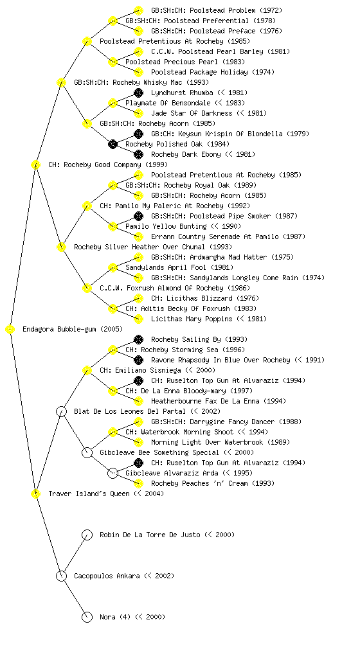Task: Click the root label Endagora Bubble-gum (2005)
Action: tap(73, 329)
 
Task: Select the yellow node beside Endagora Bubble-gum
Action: tap(10, 330)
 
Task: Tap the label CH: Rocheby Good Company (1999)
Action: tap(108, 164)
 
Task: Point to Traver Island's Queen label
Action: tap(106, 493)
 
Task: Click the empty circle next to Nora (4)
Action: tap(87, 617)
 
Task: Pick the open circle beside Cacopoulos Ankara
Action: tap(61, 576)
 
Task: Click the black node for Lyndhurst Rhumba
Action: tap(138, 93)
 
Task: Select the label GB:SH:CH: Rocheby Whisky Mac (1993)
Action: tap(141, 82)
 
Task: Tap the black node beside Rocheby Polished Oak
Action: tap(113, 144)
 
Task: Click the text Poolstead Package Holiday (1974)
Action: tap(213, 72)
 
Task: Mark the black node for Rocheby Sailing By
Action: tap(138, 339)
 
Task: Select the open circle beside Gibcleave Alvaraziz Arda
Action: tap(113, 473)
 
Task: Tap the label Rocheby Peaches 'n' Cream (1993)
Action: tap(213, 483)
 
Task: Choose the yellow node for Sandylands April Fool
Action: tap(113, 267)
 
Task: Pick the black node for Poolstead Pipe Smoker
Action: tap(138, 216)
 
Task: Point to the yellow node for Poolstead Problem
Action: tap(138, 10)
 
